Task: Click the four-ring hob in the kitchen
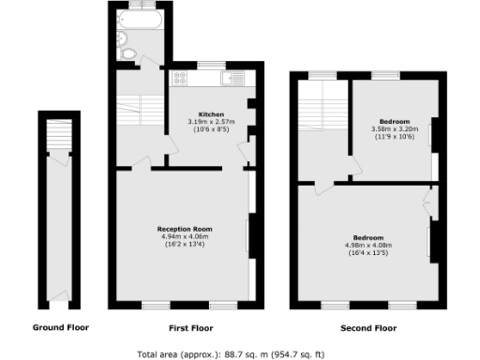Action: (178, 80)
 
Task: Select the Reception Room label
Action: (184, 229)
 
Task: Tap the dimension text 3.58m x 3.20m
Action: (391, 128)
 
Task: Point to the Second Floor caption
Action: (367, 328)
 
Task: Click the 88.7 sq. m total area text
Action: (231, 353)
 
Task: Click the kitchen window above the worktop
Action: (209, 66)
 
